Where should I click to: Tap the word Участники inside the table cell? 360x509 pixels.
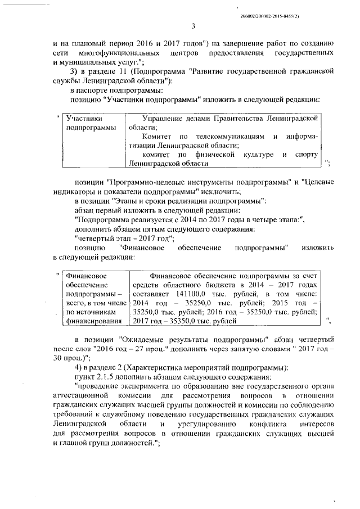pos(84,118)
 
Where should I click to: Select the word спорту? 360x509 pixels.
pos(307,154)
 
